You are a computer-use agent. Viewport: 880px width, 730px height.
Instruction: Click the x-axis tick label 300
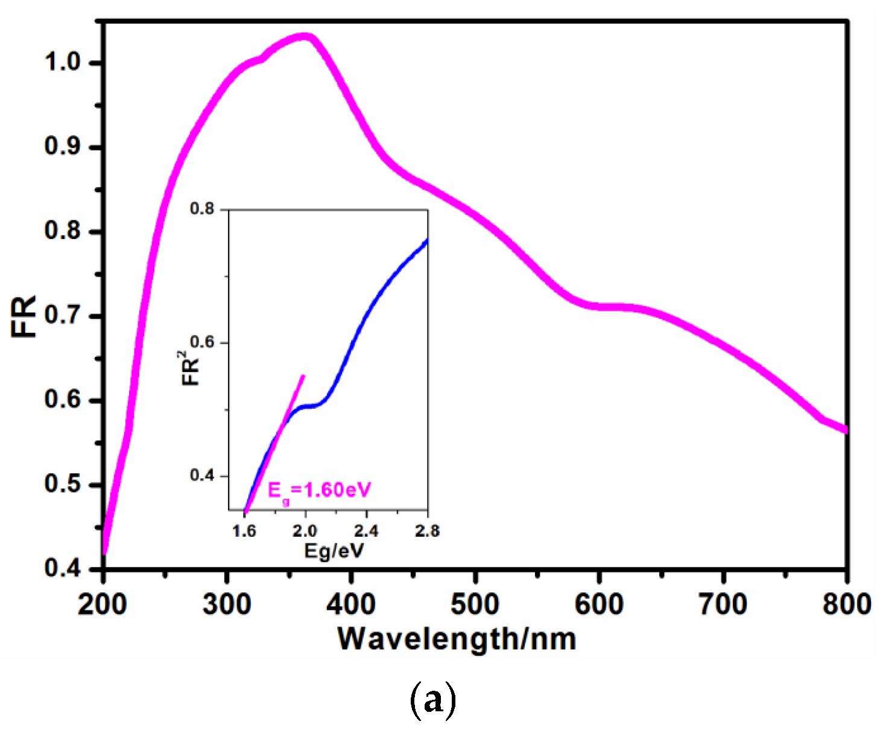click(x=227, y=604)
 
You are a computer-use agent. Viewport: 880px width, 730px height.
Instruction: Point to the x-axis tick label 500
click(x=475, y=604)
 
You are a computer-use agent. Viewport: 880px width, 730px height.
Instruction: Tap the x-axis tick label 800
click(x=846, y=604)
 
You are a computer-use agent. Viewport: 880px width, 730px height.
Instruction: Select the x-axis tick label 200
click(x=103, y=604)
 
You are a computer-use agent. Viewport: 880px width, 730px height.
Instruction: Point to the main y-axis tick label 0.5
click(x=63, y=484)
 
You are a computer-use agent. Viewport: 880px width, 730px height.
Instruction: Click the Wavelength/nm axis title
click(x=457, y=639)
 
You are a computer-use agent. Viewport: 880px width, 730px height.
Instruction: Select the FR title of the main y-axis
click(x=24, y=316)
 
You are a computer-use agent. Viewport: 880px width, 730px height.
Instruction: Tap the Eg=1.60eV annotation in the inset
click(x=319, y=490)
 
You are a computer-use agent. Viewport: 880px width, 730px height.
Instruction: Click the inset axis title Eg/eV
click(x=334, y=550)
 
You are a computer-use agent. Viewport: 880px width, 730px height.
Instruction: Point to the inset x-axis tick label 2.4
click(x=366, y=531)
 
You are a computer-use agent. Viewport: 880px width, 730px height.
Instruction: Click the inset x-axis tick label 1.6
click(x=244, y=531)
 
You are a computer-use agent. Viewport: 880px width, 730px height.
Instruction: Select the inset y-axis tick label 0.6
click(x=202, y=342)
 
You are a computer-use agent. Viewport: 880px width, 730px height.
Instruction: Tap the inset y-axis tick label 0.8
click(x=202, y=209)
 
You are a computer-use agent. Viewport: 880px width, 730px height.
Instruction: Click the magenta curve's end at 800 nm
click(x=845, y=429)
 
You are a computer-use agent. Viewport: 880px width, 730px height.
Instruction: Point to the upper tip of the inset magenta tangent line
click(x=303, y=376)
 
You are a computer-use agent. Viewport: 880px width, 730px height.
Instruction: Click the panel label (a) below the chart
click(x=433, y=700)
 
